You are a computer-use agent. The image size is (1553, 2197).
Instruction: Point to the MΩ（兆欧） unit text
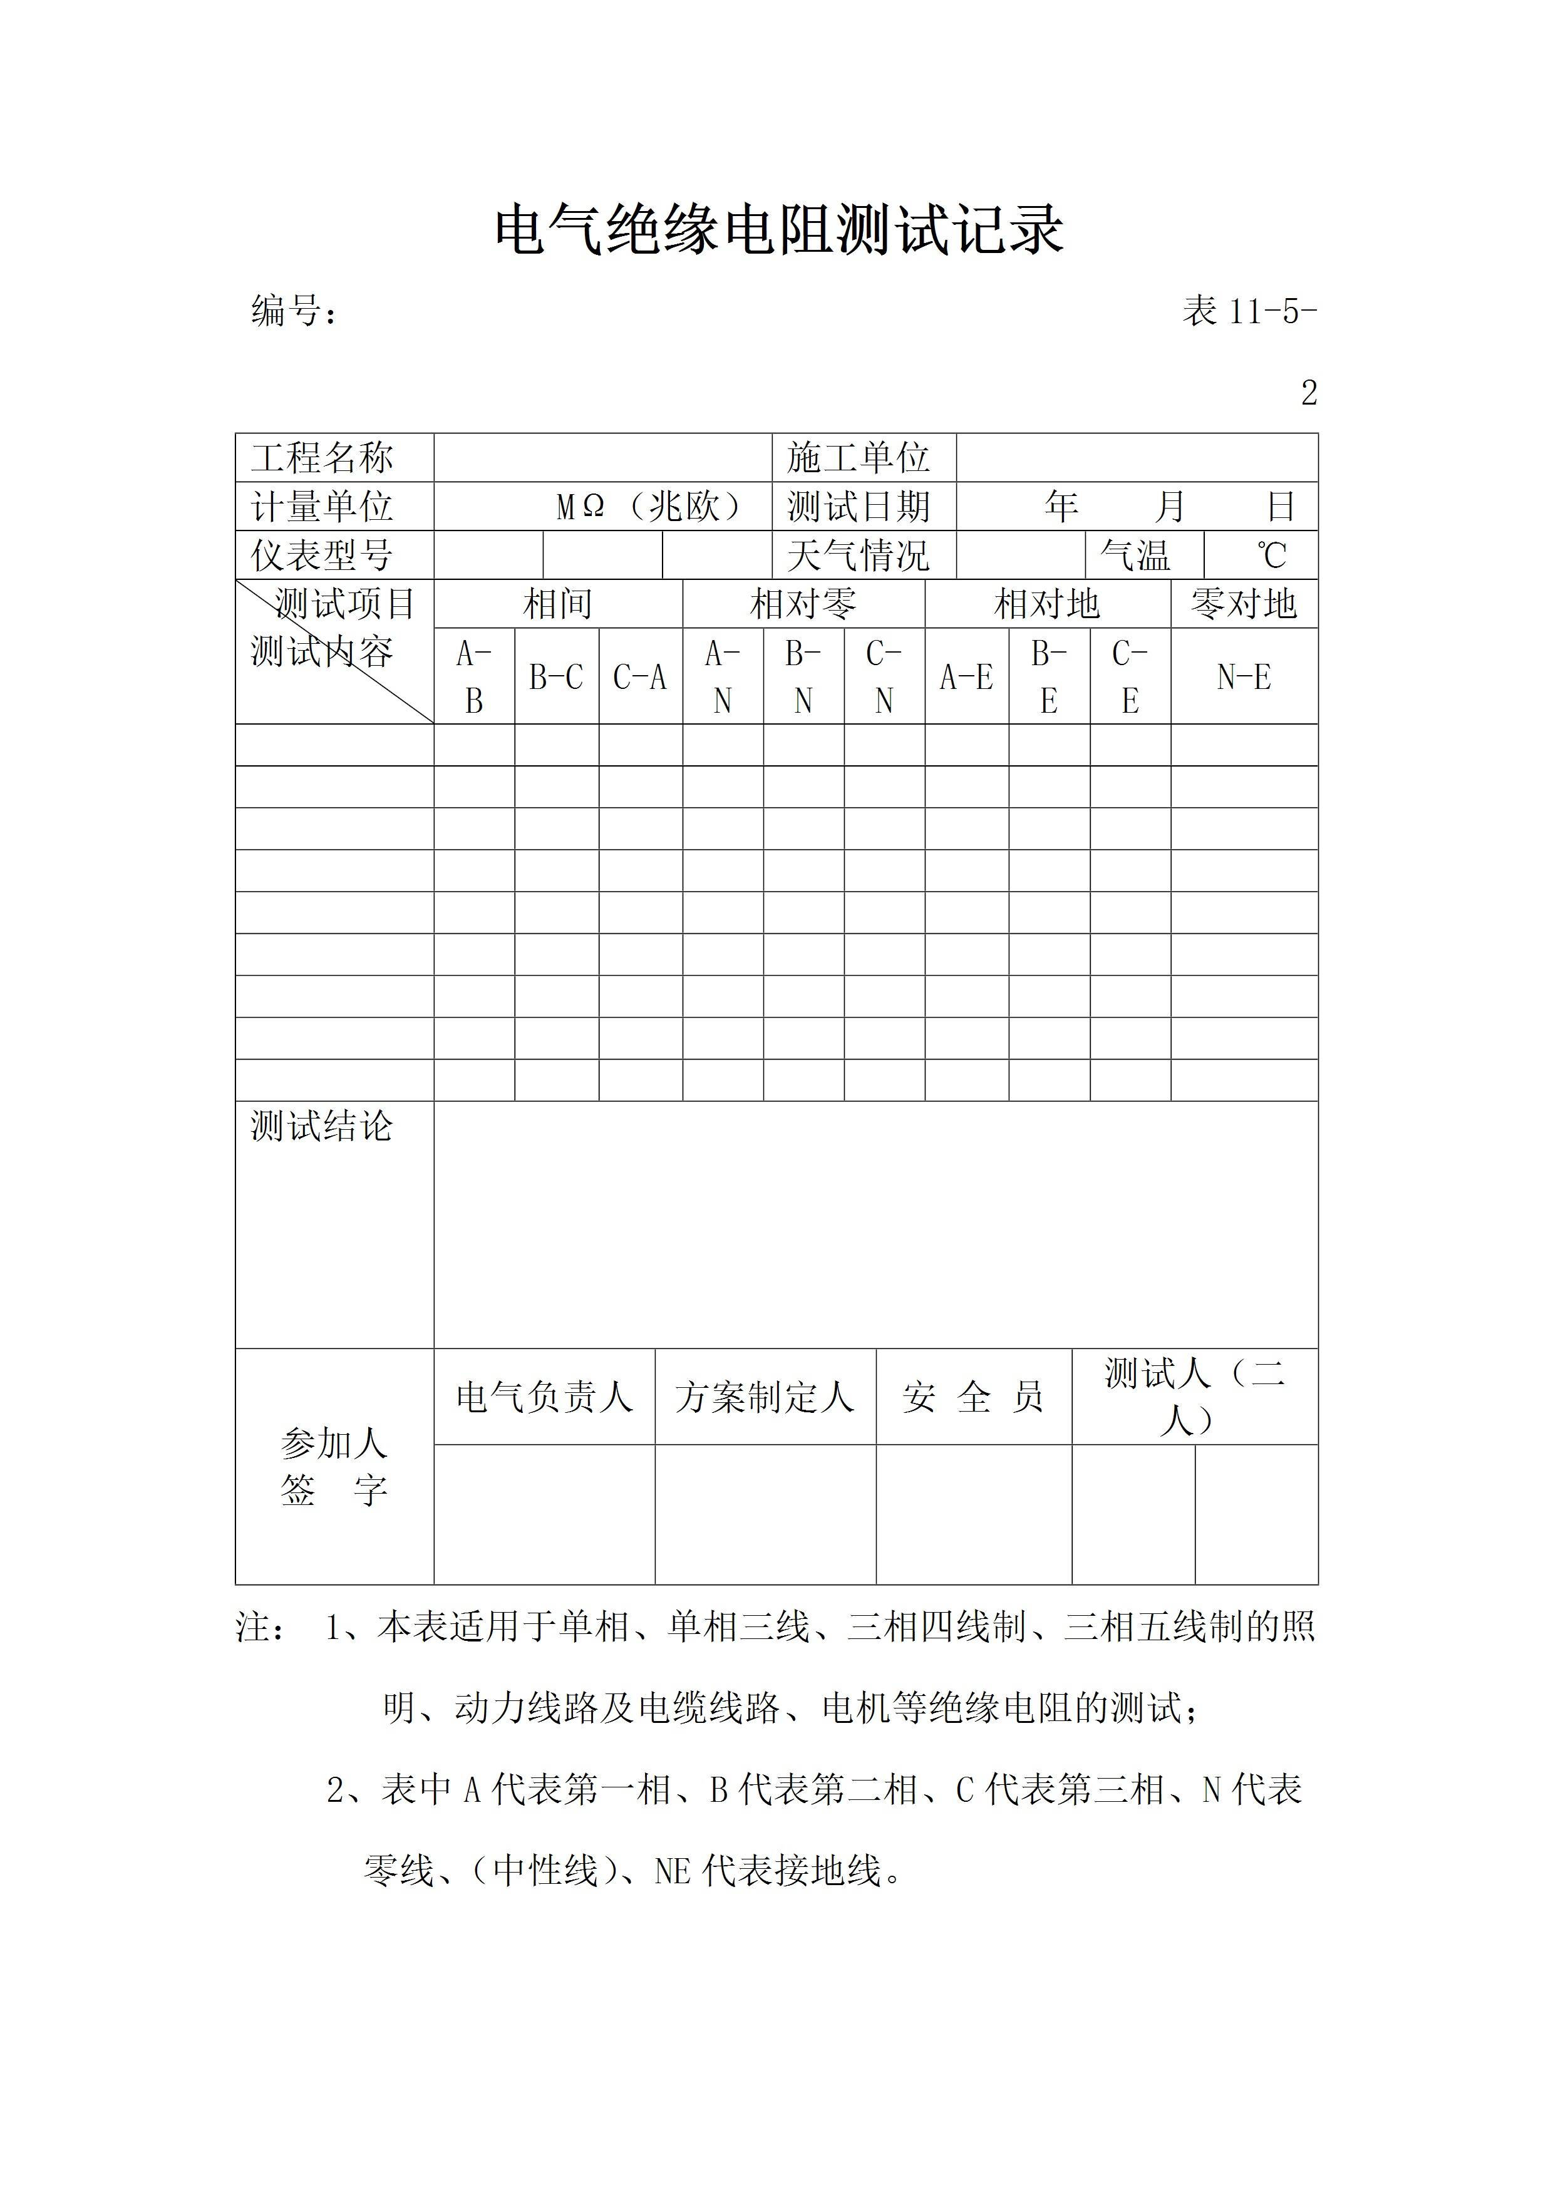[x=650, y=506]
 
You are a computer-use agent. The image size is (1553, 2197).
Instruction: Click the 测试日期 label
[x=859, y=506]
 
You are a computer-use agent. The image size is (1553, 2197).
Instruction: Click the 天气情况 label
[x=859, y=555]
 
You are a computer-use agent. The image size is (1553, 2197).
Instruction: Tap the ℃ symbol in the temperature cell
[x=1272, y=555]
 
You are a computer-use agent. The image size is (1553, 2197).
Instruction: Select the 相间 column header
[x=558, y=604]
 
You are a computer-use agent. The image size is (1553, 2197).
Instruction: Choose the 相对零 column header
[x=803, y=604]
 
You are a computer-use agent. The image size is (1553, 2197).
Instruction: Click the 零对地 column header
[x=1243, y=604]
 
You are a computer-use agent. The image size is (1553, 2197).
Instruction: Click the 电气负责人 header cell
[x=544, y=1397]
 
